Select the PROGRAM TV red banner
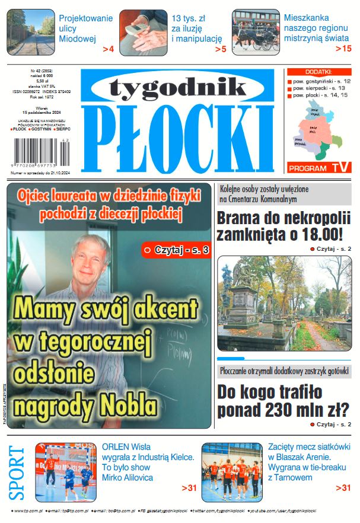coord(317,168)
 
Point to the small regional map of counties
coord(316,130)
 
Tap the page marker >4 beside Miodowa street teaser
coord(107,49)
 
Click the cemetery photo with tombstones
coord(283,303)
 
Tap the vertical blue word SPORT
coord(17,472)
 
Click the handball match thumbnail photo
coord(65,471)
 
